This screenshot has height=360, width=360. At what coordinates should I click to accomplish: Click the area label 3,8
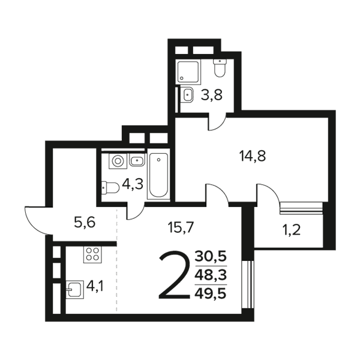coord(211,95)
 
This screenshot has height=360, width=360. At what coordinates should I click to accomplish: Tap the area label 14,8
coord(253,156)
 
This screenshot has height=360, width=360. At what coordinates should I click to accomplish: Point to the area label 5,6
coord(85,223)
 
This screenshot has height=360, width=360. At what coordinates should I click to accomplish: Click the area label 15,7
coord(181,228)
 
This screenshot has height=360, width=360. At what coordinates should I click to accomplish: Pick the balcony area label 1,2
coord(292,230)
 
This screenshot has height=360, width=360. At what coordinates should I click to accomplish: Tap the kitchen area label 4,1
coord(95,286)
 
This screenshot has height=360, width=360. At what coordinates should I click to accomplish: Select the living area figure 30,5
coord(211,256)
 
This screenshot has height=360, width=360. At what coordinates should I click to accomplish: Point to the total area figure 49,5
coord(211,293)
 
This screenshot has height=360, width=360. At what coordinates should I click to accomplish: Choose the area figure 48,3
coord(211,275)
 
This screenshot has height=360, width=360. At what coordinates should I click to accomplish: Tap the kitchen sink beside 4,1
coord(74,290)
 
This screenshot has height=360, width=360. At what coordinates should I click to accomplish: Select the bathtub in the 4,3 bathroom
coord(158,175)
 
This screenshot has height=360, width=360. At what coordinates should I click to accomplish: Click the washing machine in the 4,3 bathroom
coord(118,161)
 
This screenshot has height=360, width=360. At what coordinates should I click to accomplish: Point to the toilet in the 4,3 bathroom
coord(110,188)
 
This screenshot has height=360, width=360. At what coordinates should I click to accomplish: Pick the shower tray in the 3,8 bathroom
coord(189,71)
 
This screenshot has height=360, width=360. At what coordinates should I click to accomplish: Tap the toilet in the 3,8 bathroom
coord(220,67)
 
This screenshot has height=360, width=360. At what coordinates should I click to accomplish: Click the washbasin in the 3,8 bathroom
coord(187,94)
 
